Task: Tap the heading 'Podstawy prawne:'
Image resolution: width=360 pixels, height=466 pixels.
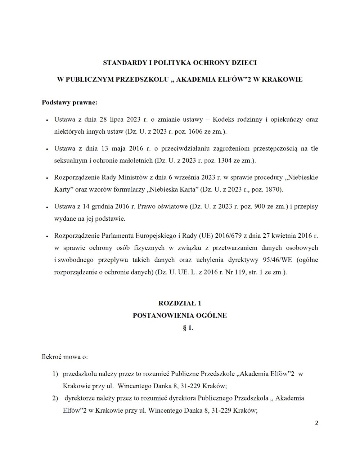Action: (x=69, y=102)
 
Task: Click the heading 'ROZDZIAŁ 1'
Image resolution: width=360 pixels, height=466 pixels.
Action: (x=180, y=304)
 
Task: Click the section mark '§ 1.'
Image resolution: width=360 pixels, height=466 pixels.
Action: (x=188, y=328)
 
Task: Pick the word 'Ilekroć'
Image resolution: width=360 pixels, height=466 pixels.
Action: (x=52, y=357)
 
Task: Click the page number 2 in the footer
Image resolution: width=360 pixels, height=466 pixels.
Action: (x=316, y=423)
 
